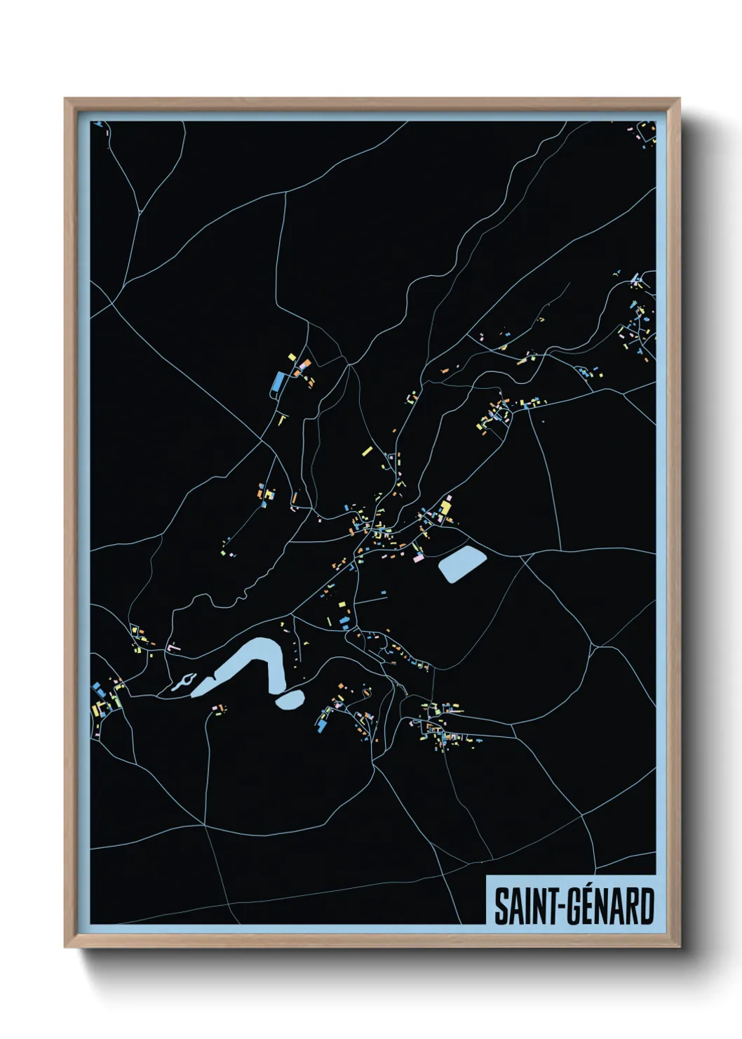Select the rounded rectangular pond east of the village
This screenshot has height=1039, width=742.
coord(462,563)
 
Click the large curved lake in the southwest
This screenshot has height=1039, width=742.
coord(252,663)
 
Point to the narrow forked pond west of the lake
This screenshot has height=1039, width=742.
coord(184,680)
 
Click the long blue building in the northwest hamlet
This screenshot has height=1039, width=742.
coord(278,382)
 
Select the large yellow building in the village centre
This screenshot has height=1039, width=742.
coord(445,507)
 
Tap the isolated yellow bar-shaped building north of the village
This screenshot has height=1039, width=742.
coord(366,451)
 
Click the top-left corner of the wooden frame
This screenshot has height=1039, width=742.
coord(66,100)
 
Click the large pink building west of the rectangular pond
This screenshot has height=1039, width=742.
coord(419,558)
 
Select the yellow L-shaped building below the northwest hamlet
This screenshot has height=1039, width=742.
coord(283,420)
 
